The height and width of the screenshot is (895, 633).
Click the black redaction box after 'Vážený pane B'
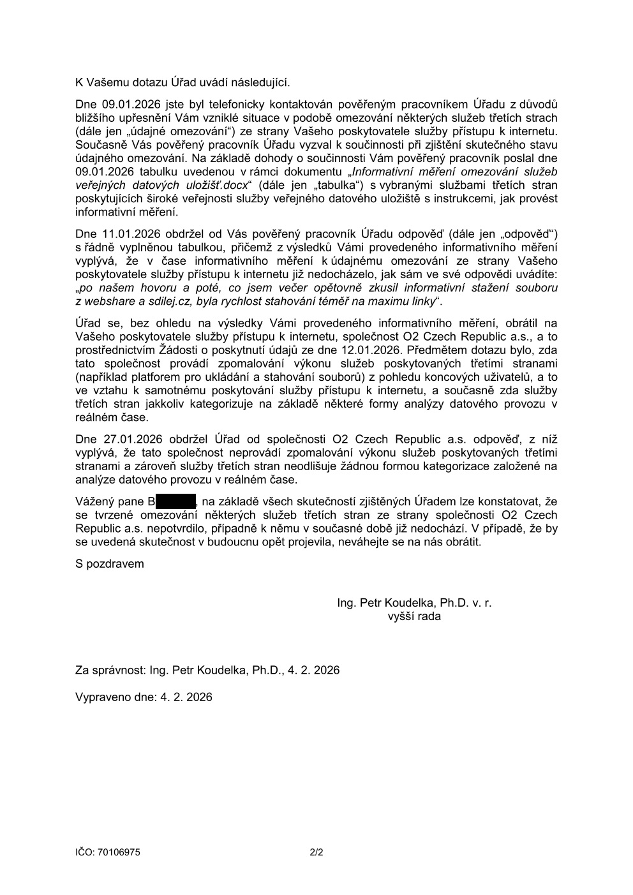click(176, 502)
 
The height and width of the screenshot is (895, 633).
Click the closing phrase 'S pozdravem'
click(110, 564)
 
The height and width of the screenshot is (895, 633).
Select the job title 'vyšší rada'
click(414, 617)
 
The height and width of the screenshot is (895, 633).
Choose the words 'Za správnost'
click(109, 670)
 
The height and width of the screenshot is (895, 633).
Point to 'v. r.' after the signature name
click(482, 603)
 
